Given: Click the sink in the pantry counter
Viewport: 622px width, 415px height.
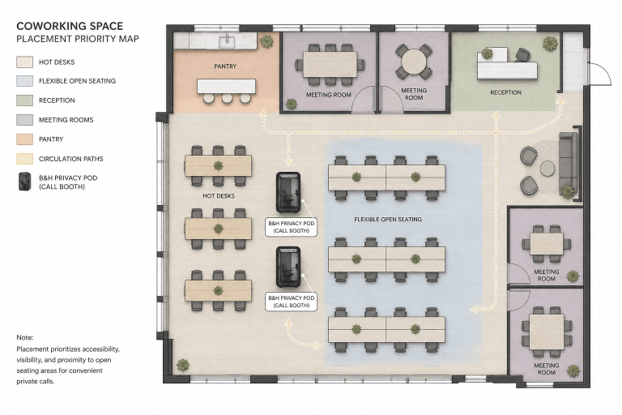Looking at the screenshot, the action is (x=227, y=41).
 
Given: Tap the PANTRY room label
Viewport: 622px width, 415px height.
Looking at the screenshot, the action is (x=225, y=66).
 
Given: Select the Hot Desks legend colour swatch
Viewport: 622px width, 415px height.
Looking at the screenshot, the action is (x=24, y=62).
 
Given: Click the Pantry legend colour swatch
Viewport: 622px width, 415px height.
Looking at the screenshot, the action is (x=24, y=139).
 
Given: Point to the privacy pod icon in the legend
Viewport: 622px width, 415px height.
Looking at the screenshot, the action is (x=24, y=182).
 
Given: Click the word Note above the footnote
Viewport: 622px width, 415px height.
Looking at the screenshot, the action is (x=25, y=337).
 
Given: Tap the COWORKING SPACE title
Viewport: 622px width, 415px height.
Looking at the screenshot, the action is (x=70, y=26).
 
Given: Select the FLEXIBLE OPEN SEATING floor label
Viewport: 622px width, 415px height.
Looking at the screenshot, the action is (x=388, y=219).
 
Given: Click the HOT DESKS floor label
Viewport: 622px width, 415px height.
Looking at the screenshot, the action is (x=219, y=196).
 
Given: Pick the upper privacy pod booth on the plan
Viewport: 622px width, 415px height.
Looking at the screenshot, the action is (x=288, y=192).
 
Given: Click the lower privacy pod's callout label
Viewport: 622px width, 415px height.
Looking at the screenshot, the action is (x=292, y=302).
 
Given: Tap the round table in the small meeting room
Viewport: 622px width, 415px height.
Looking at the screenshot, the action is (x=414, y=62).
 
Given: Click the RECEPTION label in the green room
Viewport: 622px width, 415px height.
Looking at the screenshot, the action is (x=505, y=92).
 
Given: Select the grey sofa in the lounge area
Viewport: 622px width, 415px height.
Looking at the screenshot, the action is (x=569, y=165).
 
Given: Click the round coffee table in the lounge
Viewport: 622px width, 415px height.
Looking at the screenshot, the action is (x=547, y=169).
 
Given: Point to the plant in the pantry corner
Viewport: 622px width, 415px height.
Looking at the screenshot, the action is (x=266, y=41).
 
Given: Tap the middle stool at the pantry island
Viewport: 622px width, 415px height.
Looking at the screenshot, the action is (x=227, y=98).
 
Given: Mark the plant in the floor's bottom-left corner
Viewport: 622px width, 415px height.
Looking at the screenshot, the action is (x=182, y=365).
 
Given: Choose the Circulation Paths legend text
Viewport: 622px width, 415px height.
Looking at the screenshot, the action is (x=71, y=159).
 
